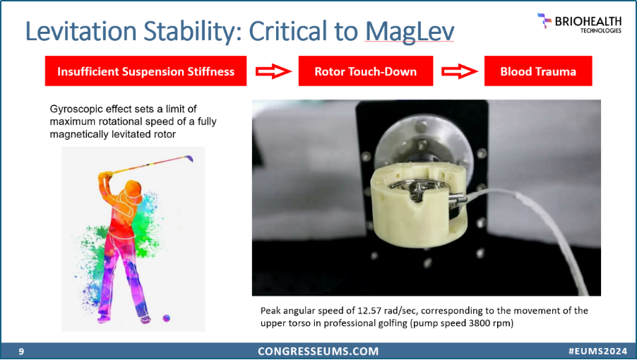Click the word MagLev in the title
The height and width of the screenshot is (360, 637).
(410, 31)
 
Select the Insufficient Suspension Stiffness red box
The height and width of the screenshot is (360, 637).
(146, 71)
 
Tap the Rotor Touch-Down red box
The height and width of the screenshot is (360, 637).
(366, 71)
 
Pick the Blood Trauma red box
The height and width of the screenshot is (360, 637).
(538, 71)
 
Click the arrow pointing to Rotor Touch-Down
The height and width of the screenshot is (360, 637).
(273, 71)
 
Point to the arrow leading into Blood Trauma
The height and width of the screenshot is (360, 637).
(459, 71)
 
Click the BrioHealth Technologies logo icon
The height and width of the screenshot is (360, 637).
(544, 20)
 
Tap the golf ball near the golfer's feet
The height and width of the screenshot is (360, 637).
(167, 318)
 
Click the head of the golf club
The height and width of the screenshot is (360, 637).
(189, 157)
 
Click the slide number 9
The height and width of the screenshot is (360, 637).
(21, 352)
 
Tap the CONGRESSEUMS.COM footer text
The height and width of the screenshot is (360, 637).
(318, 352)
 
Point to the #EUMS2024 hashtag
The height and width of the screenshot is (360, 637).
(597, 352)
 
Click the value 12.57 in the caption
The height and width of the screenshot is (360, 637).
(369, 311)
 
